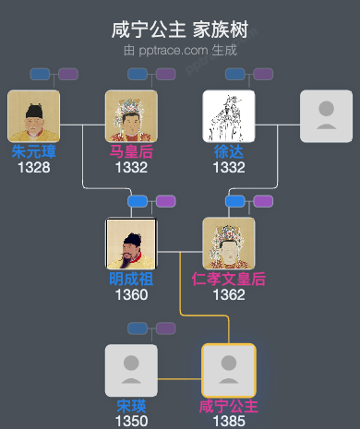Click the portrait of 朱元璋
coord(33,116)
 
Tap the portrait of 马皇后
coord(131,116)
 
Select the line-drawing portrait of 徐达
coord(229,116)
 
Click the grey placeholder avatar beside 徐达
coord(326,116)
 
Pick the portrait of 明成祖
coord(131,244)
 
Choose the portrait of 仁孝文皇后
coord(229,244)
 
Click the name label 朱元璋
coord(33,152)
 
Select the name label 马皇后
coord(131,152)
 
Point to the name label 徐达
coord(229,152)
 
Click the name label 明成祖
coord(131,280)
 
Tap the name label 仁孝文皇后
coord(229,280)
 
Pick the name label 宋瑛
coord(131,406)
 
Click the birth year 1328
coord(33,168)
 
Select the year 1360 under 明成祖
coord(131,295)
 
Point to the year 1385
coord(229,421)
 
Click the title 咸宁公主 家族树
coord(180,30)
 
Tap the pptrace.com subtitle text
coord(180,50)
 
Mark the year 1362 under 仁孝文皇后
coord(229,295)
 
